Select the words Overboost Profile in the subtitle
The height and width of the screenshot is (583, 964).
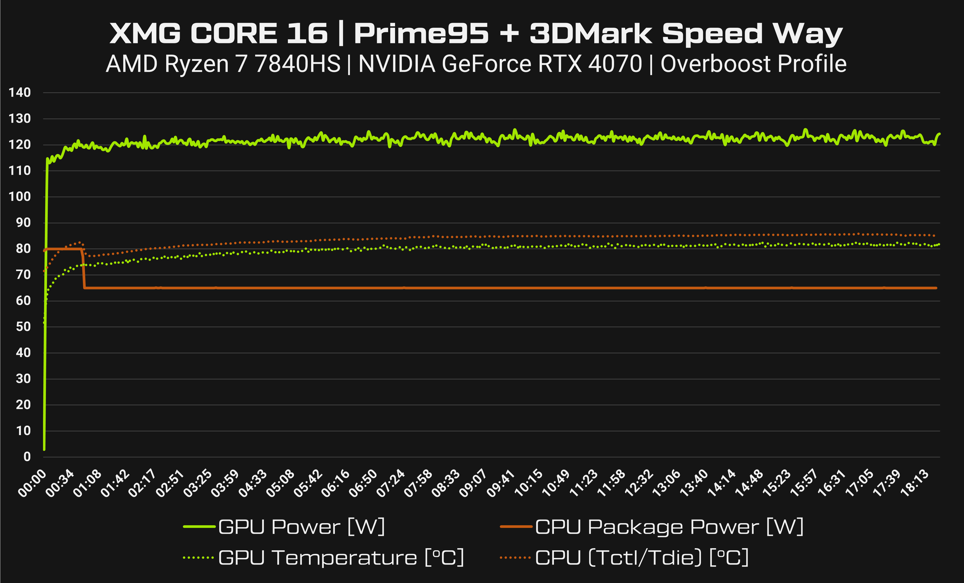(753, 64)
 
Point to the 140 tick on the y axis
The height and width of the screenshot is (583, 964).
(20, 93)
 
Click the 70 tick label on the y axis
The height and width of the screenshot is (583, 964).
(23, 275)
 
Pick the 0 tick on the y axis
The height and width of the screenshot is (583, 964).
(27, 457)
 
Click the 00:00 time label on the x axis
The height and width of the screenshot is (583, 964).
(32, 484)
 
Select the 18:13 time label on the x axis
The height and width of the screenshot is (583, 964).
(915, 484)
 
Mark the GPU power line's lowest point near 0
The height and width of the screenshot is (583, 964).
(44, 449)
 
